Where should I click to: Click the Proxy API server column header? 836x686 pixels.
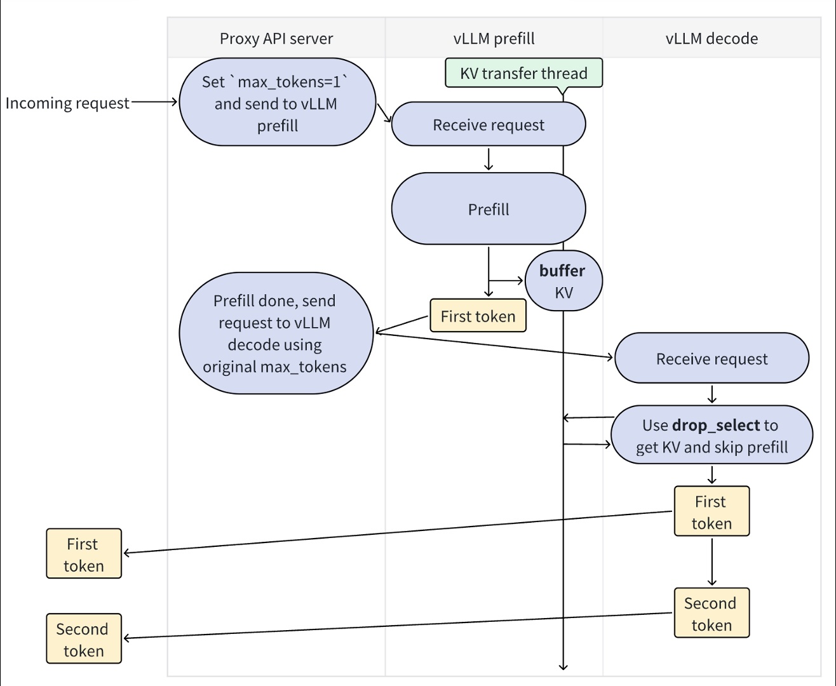(x=276, y=39)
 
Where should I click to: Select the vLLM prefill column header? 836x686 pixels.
(x=494, y=39)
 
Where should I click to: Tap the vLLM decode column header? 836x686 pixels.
(x=711, y=39)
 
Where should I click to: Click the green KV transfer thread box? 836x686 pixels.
(x=523, y=73)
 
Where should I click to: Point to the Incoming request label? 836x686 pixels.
(x=67, y=103)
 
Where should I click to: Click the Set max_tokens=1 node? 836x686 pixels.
(x=277, y=103)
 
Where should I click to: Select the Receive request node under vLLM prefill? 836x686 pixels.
(x=488, y=124)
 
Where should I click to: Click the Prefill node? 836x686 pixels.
(x=488, y=209)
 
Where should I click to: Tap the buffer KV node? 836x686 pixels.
(x=563, y=281)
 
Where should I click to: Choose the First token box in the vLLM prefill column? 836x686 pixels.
(x=478, y=316)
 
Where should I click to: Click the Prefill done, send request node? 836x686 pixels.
(x=276, y=333)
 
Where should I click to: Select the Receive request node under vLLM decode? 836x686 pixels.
(x=711, y=358)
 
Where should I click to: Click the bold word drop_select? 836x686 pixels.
(x=716, y=425)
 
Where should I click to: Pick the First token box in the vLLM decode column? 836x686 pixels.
(x=711, y=512)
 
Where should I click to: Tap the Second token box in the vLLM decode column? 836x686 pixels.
(x=711, y=614)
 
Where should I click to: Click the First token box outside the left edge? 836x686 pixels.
(x=84, y=554)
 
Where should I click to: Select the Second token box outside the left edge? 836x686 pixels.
(x=84, y=639)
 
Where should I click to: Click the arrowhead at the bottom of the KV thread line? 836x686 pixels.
(x=563, y=666)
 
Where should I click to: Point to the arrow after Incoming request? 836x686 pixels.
(x=154, y=102)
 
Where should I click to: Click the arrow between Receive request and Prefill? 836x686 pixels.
(x=488, y=159)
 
